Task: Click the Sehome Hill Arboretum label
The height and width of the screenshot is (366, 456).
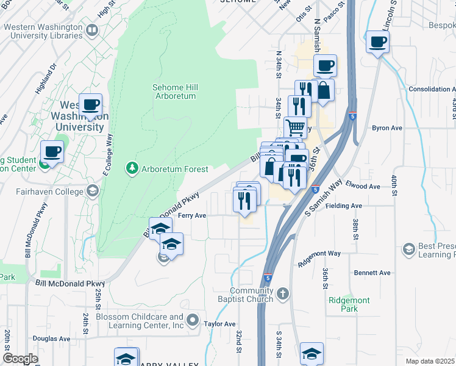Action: click(175, 91)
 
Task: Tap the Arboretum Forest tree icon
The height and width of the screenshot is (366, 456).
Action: click(131, 168)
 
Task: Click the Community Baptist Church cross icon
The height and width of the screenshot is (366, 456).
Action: click(282, 295)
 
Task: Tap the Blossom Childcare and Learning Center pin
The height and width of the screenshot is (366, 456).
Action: click(193, 320)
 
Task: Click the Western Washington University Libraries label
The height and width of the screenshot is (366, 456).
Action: click(42, 31)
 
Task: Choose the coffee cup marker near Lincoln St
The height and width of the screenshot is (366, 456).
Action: click(377, 42)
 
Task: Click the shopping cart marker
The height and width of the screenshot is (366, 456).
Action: click(295, 127)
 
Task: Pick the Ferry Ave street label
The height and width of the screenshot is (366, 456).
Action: click(192, 215)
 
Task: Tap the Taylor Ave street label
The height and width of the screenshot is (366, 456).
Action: click(219, 325)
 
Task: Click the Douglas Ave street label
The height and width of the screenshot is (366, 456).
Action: click(51, 339)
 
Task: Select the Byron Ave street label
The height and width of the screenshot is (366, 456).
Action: click(387, 128)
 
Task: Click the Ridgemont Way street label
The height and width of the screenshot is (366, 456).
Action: click(319, 253)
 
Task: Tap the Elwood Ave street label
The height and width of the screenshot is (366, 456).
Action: click(364, 187)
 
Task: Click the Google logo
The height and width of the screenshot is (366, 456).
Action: click(20, 359)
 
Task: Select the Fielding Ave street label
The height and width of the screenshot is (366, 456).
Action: click(344, 206)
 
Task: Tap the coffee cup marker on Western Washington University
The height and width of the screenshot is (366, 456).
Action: click(90, 105)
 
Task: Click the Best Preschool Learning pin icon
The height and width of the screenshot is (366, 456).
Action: click(408, 249)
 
